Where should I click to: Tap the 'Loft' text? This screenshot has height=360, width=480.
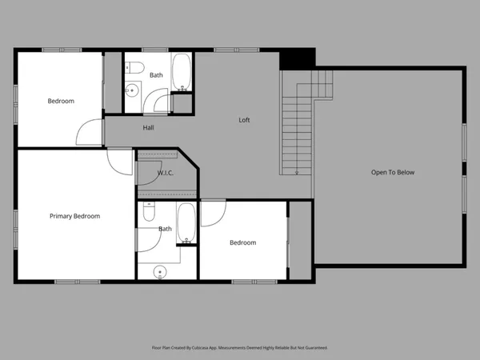tap(245, 120)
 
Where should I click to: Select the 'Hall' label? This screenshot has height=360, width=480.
tap(149, 127)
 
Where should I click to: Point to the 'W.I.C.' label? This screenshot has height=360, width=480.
tap(166, 172)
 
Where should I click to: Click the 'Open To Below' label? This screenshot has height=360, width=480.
tap(392, 172)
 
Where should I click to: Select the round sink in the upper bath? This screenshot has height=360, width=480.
tap(133, 91)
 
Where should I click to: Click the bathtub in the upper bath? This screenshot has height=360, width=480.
tap(182, 70)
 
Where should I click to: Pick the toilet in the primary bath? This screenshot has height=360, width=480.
tap(149, 213)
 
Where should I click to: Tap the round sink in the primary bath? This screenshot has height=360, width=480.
tap(159, 272)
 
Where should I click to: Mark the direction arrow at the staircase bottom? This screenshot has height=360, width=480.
tap(297, 170)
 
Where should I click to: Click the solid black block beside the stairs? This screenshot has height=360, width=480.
tap(297, 59)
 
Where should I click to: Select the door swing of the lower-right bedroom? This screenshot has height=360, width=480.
tap(214, 211)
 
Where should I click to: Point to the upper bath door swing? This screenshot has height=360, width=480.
tap(162, 103)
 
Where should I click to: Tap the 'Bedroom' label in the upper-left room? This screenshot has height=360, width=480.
tap(60, 101)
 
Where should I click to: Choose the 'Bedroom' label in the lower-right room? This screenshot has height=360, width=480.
tap(242, 242)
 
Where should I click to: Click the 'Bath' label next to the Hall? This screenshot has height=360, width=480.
tap(156, 75)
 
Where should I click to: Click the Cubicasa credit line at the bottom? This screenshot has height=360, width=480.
tap(240, 348)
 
